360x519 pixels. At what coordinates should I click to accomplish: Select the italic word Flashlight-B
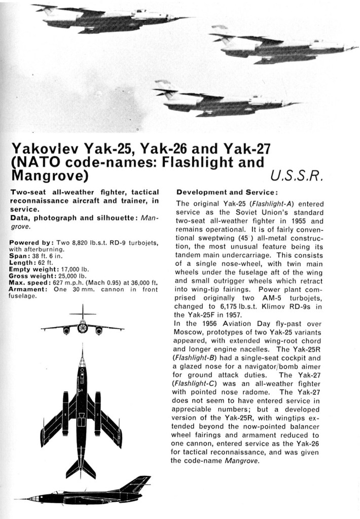(x=195, y=358)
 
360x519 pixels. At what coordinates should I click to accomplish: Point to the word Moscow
(x=190, y=332)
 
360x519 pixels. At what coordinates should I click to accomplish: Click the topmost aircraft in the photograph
(x=112, y=19)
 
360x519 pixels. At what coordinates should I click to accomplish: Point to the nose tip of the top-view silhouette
(x=82, y=346)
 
